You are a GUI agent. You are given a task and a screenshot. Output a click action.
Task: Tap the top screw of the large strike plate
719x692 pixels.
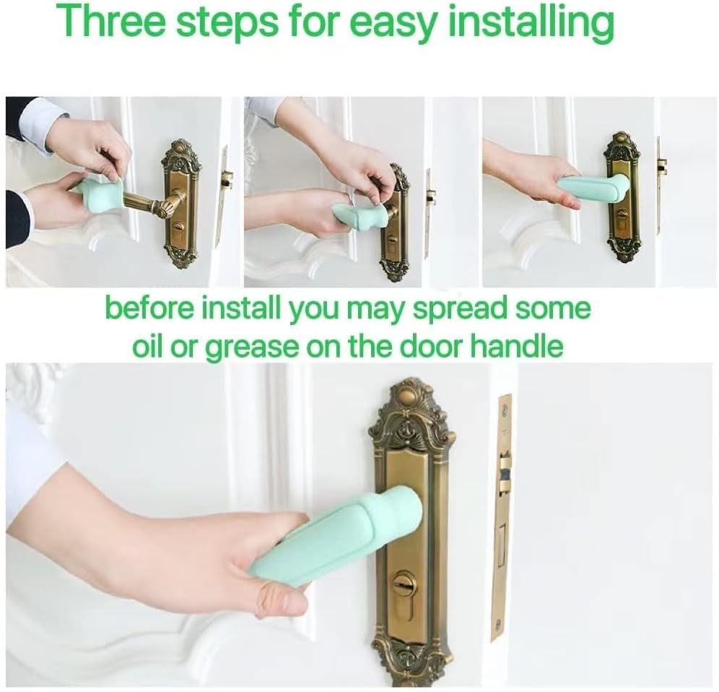click(506, 410)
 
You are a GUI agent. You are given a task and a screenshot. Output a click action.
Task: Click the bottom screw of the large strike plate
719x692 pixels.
click(497, 626)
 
